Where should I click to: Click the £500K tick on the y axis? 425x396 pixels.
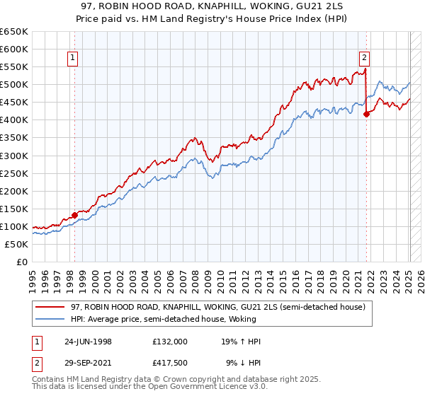[15, 85]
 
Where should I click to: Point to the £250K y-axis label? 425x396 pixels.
[15, 173]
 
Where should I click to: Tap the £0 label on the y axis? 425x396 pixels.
[21, 262]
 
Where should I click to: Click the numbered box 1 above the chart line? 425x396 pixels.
[74, 59]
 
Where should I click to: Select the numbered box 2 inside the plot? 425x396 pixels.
[364, 59]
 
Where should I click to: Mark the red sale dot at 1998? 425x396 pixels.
[74, 215]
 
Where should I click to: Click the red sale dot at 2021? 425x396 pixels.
[366, 114]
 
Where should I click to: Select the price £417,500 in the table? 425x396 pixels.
[170, 362]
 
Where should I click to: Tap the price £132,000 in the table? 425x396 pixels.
[170, 341]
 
